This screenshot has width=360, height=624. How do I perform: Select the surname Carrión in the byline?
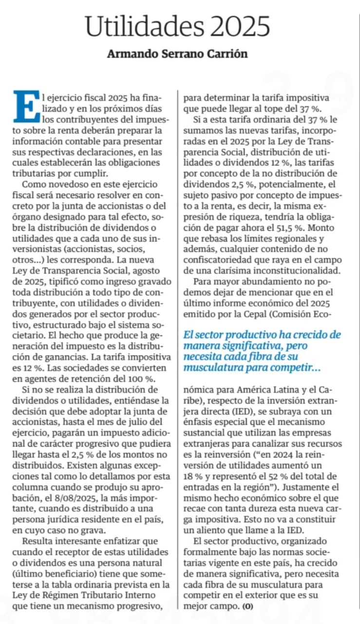click(227, 54)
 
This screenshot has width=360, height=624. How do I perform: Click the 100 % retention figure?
click(137, 378)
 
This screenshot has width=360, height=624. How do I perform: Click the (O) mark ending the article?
click(248, 607)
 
